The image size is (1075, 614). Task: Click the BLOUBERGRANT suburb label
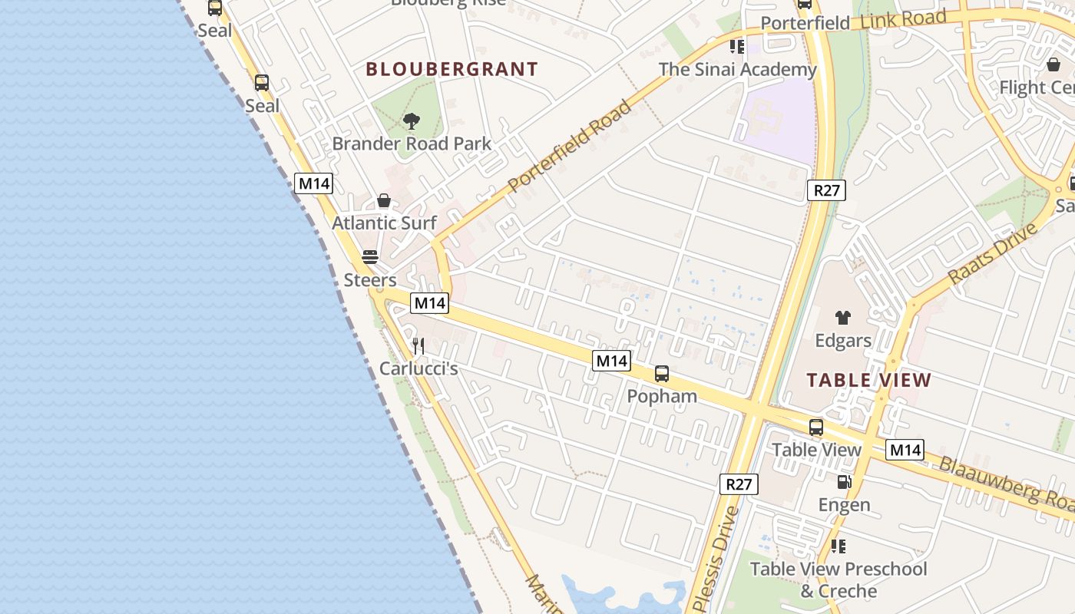[451, 69]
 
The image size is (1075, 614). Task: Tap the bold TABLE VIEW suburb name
[869, 380]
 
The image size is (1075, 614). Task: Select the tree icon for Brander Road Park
[412, 120]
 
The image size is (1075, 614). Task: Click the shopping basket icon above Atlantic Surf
[384, 201]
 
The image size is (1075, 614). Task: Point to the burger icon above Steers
[370, 256]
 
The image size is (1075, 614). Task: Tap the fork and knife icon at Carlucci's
[418, 346]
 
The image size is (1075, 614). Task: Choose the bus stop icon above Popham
[662, 374]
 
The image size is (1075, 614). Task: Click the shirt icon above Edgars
[843, 318]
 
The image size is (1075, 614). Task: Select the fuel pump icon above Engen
[844, 482]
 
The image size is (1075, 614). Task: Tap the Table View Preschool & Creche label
[838, 579]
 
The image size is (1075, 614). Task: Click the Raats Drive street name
[992, 253]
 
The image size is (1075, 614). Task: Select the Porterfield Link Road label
[853, 21]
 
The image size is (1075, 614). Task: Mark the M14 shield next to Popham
[611, 360]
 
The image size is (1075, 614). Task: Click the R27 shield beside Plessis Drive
[739, 484]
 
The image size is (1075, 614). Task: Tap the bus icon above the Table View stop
[816, 427]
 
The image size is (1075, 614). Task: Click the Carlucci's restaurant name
[418, 369]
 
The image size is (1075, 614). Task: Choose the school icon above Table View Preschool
[838, 546]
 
